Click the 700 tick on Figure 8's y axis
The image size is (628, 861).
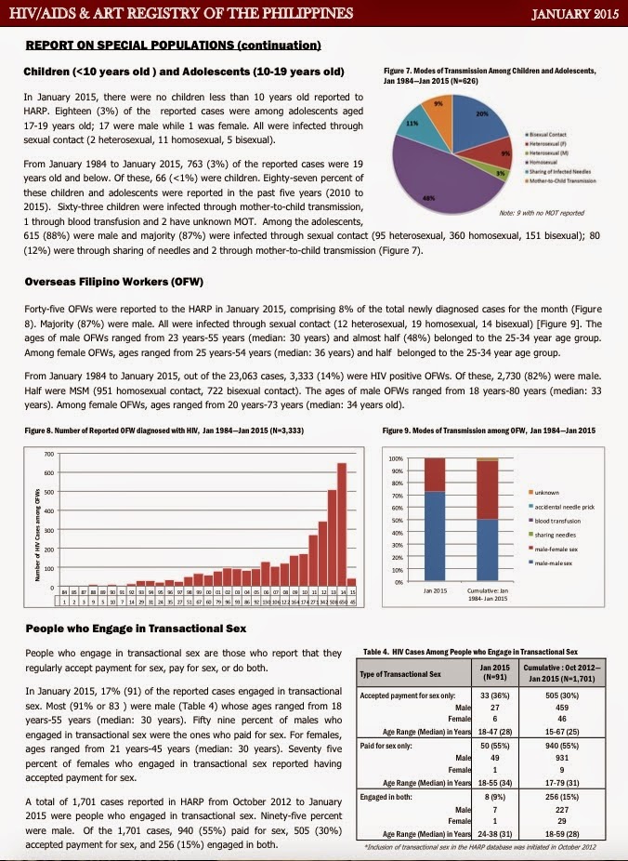coord(49,454)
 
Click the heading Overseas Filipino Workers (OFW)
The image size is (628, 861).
coord(113,282)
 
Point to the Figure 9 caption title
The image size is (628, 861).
coord(489,430)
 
